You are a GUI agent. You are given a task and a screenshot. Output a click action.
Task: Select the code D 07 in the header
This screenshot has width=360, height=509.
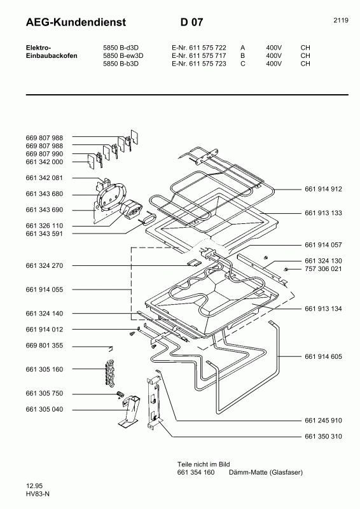191,23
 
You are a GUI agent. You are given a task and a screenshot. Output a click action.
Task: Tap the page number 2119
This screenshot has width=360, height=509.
340,20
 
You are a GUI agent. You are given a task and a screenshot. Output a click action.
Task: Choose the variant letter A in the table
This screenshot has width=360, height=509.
242,47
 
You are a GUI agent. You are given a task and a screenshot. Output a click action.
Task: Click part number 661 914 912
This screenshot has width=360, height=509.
323,190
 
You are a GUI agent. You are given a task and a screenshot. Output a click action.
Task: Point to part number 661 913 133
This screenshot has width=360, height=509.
323,213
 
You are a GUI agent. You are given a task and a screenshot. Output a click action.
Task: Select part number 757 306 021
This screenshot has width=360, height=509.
323,269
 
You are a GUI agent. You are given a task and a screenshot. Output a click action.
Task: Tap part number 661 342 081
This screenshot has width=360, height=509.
45,178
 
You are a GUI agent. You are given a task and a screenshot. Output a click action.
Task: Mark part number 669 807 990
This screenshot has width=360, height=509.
45,154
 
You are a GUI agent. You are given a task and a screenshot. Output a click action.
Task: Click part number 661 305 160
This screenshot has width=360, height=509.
45,369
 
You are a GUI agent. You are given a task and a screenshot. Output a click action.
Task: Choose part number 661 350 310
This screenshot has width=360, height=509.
323,436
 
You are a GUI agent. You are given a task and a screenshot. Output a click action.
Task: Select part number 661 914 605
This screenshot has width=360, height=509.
323,357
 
